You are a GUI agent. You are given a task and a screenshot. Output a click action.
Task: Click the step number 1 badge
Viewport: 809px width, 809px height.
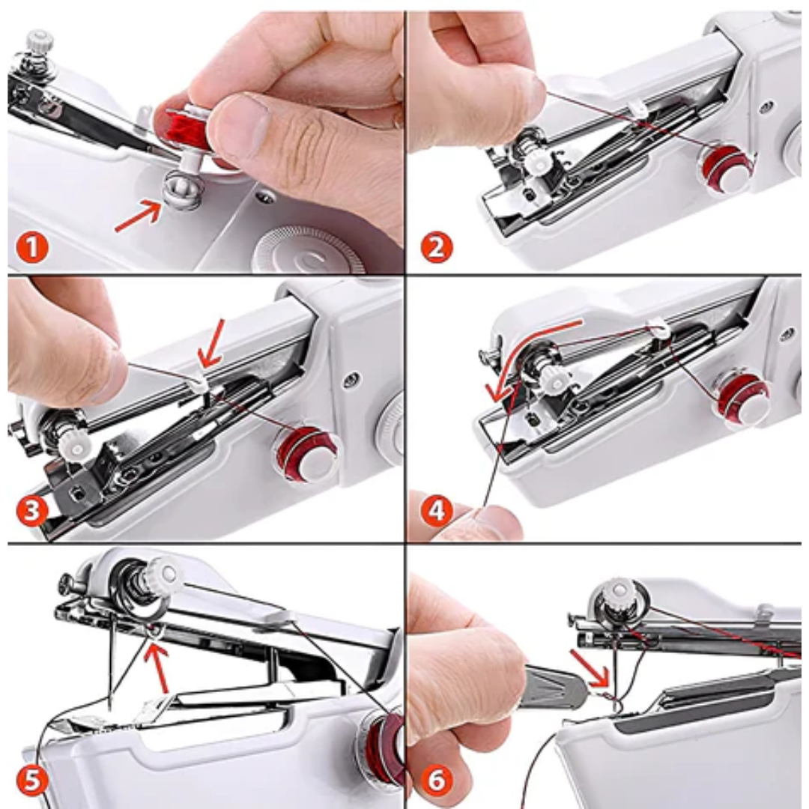[x=33, y=246]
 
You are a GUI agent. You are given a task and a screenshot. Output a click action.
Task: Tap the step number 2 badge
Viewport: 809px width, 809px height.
[x=437, y=246]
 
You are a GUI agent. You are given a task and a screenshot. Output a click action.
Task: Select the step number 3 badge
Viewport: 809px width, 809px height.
[x=33, y=512]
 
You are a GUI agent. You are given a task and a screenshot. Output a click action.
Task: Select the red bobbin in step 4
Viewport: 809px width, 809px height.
[x=742, y=397]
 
